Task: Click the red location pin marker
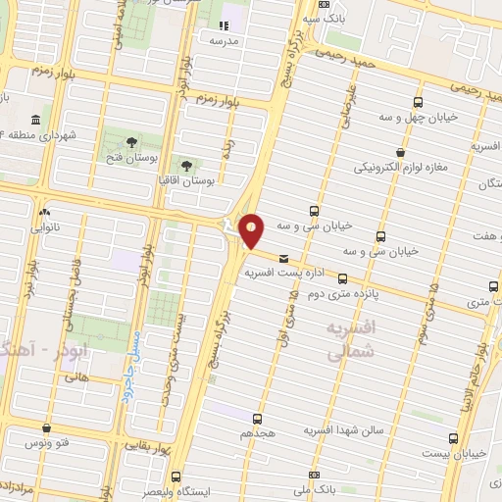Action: pos(252,229)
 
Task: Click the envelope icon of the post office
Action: pos(284,258)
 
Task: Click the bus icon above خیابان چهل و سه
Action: pos(419,103)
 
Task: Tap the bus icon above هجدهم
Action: pos(260,419)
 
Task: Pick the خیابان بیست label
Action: pos(453,455)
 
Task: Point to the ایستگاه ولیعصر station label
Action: pos(173,491)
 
